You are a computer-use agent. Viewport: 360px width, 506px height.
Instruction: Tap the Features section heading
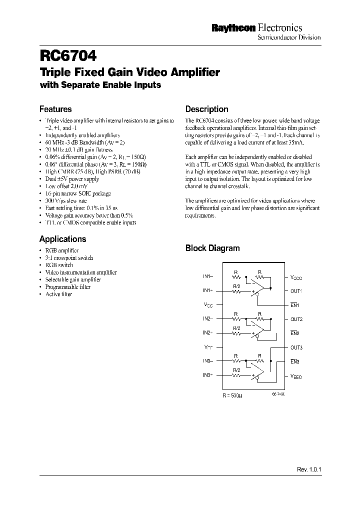[x=55, y=109]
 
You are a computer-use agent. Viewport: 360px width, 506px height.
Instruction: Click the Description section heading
[x=206, y=109]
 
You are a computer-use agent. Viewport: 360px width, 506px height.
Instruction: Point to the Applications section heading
[x=62, y=239]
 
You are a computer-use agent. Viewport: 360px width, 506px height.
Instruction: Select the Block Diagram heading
[x=212, y=248]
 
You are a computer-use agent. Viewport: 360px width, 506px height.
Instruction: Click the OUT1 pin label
[x=296, y=290]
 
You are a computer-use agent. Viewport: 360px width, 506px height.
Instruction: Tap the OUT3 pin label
[x=296, y=347]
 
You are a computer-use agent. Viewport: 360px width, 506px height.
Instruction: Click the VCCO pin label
[x=296, y=276]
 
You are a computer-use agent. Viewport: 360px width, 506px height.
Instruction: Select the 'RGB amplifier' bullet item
[x=61, y=250]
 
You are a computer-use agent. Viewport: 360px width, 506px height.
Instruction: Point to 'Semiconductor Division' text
[x=288, y=38]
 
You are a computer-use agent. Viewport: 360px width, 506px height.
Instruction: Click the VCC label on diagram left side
[x=208, y=304]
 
